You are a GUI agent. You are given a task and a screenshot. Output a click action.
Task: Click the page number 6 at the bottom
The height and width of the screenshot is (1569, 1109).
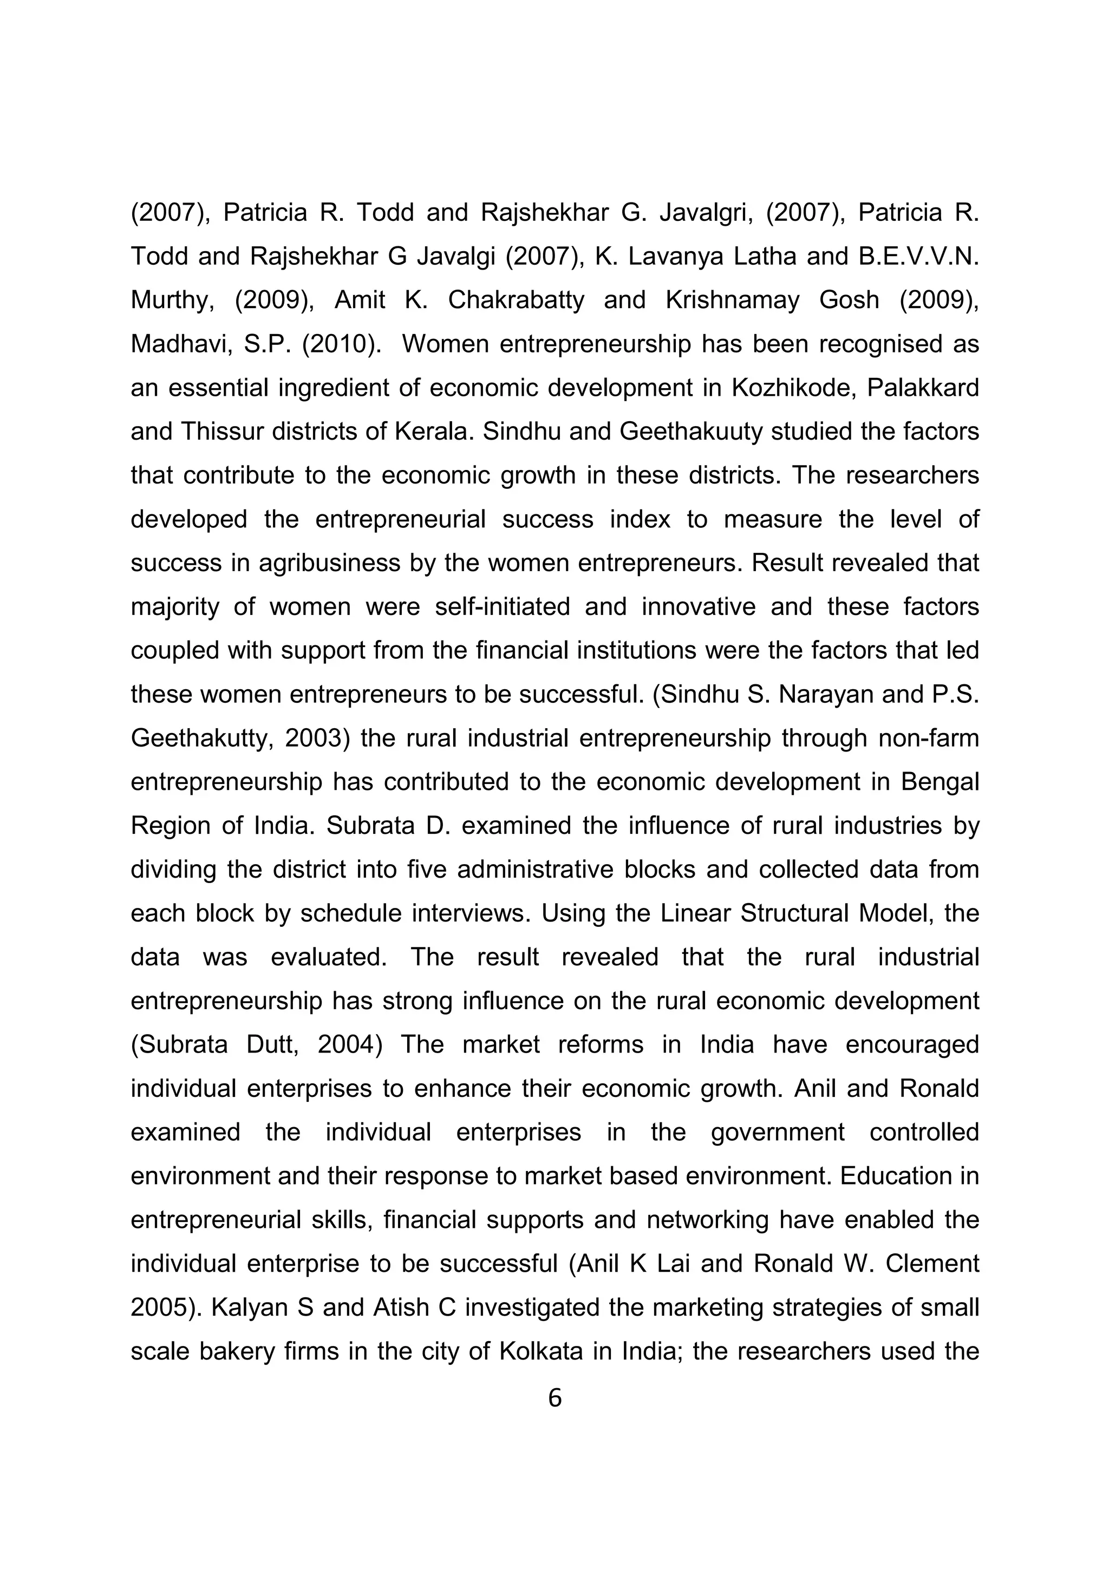tap(554, 1398)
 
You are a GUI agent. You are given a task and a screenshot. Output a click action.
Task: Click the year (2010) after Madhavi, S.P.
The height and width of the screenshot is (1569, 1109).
tap(342, 344)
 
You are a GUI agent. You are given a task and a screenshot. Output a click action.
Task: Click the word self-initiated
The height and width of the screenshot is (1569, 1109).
tap(502, 606)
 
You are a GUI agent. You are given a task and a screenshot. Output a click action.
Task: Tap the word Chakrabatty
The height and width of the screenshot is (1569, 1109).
tap(516, 300)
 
